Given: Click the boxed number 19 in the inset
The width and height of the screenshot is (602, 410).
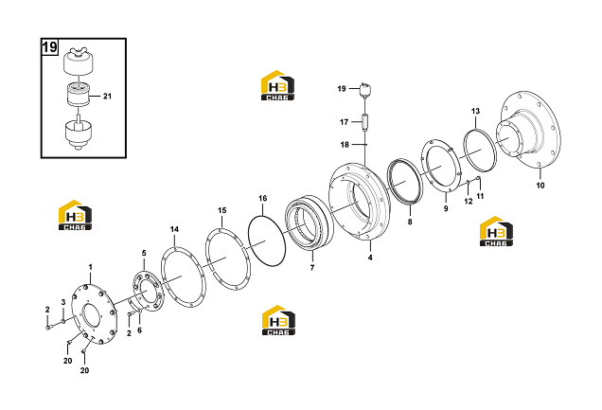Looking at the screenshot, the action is [49, 47].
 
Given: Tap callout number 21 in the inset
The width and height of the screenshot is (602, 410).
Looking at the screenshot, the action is [107, 96].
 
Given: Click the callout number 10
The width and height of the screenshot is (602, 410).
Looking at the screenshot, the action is [540, 186].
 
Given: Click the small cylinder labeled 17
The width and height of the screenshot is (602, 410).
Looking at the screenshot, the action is [365, 122].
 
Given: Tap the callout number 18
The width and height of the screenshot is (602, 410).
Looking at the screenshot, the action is [345, 144].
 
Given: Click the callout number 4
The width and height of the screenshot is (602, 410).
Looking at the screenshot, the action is [370, 258].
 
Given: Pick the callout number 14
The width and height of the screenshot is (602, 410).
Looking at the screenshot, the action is [174, 229].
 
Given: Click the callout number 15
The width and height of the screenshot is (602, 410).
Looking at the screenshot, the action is [222, 210].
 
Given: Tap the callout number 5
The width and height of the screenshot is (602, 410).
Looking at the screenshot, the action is [144, 253].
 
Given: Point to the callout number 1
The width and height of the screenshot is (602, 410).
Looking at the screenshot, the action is [91, 267].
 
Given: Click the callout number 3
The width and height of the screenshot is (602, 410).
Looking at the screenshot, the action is [63, 302].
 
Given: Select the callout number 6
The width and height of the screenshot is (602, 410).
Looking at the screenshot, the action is [139, 330].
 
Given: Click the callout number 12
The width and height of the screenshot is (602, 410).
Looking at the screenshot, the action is [469, 201].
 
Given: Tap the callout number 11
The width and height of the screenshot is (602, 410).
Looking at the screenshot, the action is [480, 196].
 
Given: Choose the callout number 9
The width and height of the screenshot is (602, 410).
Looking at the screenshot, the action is [446, 209].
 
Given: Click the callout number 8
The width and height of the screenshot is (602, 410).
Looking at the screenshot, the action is [410, 222].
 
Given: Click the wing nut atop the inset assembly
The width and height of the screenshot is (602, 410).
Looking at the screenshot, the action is [79, 52].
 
